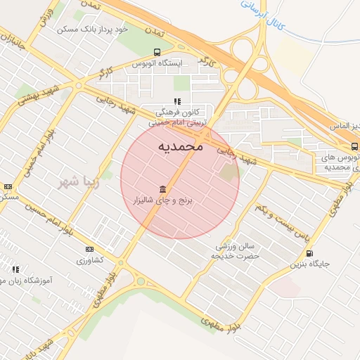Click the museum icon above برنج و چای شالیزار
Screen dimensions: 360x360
(x=163, y=189)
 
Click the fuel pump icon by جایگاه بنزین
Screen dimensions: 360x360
(x=309, y=253)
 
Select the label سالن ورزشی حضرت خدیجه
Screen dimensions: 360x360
(x=236, y=251)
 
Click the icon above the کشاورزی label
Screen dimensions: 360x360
(x=89, y=249)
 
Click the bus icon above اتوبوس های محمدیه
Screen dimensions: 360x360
(x=354, y=146)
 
